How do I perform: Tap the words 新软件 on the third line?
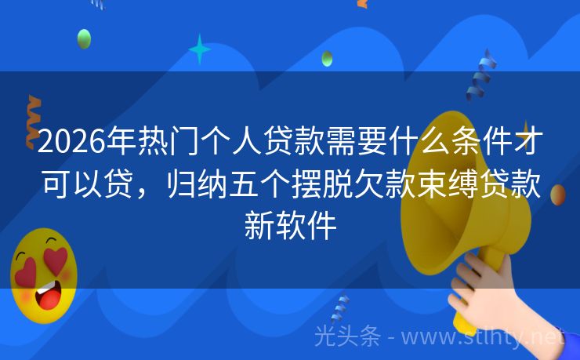289,227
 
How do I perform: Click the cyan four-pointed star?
200,49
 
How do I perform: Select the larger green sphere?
84,38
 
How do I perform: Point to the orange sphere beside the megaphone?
557,195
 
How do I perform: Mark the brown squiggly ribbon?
34,122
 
